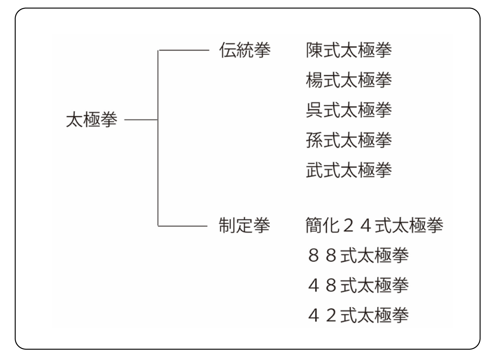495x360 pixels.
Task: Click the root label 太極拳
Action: point(92,120)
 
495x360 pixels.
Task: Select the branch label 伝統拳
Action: point(245,50)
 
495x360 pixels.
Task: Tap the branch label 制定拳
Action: point(244,226)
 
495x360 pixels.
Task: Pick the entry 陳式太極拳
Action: point(349,50)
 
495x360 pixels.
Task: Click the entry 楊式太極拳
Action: point(349,80)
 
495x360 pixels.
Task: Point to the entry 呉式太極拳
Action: point(349,110)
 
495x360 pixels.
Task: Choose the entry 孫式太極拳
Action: point(349,140)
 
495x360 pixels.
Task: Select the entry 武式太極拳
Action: point(349,170)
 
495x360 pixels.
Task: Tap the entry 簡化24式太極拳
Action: point(375,225)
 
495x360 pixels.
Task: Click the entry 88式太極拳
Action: point(358,255)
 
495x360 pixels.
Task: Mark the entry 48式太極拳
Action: point(358,285)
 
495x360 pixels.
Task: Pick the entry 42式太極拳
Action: point(358,315)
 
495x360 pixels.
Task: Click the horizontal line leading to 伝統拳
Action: point(184,50)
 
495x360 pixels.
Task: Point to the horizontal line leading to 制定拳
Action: point(183,226)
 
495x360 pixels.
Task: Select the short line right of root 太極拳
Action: point(141,120)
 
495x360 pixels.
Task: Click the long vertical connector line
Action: point(158,138)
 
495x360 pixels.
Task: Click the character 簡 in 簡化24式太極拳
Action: point(314,225)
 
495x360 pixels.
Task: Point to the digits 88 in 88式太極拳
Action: point(323,255)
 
